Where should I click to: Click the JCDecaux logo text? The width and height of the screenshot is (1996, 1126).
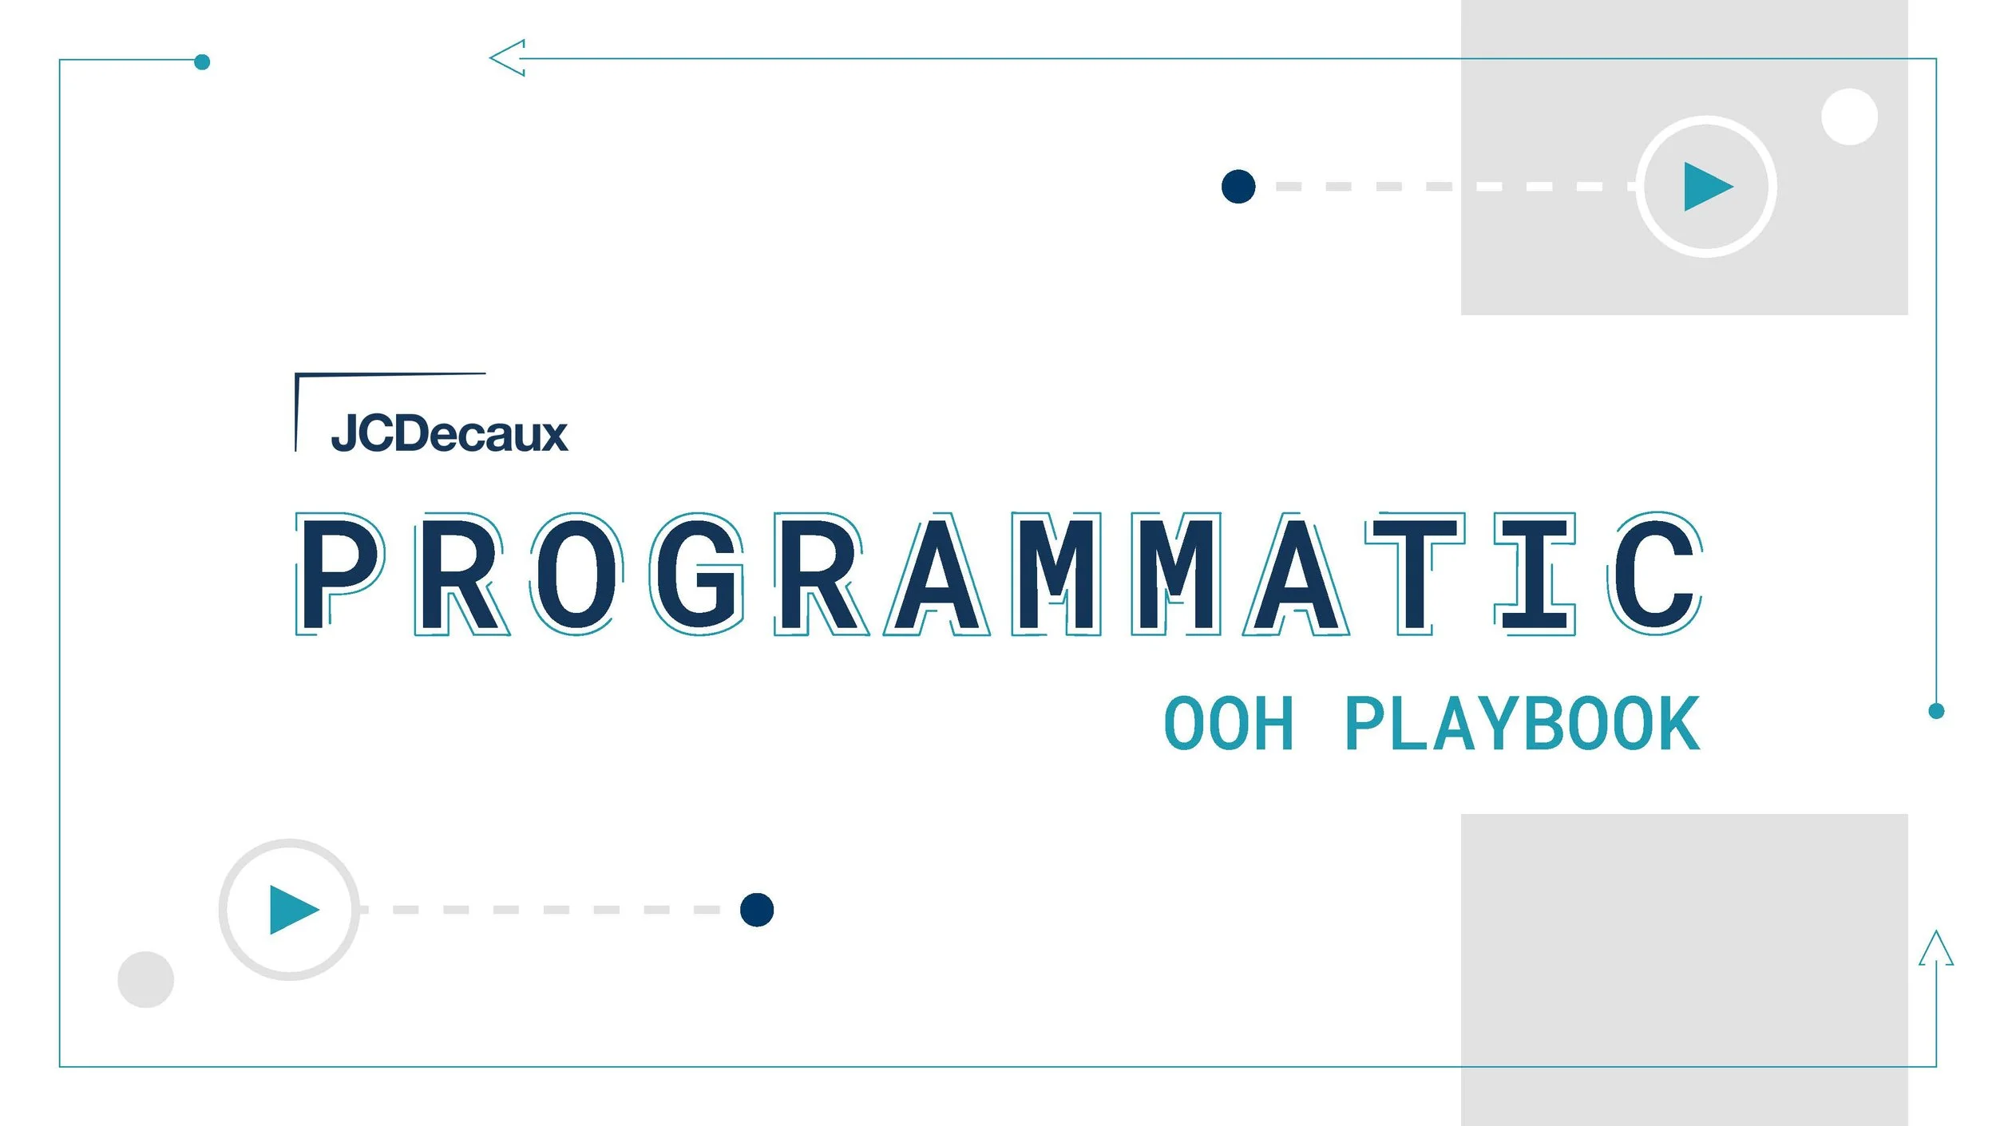tap(449, 433)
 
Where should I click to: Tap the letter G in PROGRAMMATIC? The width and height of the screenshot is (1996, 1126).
tap(697, 573)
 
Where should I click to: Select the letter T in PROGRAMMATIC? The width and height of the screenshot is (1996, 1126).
tap(1414, 573)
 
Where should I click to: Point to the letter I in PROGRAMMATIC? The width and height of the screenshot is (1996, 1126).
tap(1534, 573)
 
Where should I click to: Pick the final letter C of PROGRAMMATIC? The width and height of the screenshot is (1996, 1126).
tap(1654, 573)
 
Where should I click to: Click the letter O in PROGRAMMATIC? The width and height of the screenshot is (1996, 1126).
tap(577, 573)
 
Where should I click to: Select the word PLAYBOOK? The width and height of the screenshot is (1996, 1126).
tap(1523, 724)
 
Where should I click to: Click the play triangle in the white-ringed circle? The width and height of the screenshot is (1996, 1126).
tap(1705, 187)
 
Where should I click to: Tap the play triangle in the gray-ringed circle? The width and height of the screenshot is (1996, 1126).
tap(292, 910)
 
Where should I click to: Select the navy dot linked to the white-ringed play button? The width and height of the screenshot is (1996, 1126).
tap(1238, 187)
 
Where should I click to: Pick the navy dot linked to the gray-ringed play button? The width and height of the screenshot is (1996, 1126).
tap(757, 910)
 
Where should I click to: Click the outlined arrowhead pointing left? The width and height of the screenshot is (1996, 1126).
tap(508, 58)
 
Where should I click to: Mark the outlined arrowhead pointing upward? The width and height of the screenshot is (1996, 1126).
tap(1936, 949)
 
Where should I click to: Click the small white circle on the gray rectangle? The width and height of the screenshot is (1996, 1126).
tap(1849, 117)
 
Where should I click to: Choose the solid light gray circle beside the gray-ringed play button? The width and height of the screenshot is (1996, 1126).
tap(145, 979)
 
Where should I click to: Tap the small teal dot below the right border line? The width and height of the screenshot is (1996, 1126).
tap(1936, 711)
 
